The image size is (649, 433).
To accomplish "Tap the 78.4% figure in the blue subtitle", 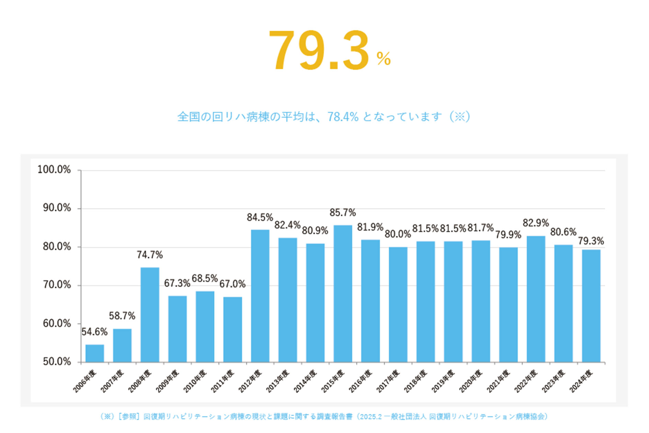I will pos(343,117).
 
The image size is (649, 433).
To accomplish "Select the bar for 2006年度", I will pos(95,353).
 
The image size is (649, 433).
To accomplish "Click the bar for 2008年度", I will pos(150,314).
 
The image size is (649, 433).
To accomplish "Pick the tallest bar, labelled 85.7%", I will pos(343,294).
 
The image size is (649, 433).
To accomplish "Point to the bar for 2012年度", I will pos(260,296).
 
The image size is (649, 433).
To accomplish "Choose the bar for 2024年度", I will pos(591,306).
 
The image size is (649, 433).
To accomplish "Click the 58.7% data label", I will pos(122,316).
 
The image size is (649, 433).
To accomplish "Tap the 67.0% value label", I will pos(232,284).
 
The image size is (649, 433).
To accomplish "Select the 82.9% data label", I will pos(536,223).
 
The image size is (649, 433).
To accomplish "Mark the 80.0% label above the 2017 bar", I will pos(398,234).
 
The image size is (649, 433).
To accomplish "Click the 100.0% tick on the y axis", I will pos(54,170).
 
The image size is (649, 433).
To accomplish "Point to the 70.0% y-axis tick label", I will pos(57,285).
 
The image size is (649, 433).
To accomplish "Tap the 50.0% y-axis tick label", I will pos(57,362).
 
